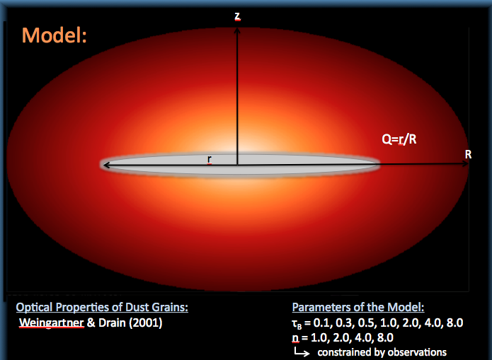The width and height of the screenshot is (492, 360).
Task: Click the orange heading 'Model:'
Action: (54, 35)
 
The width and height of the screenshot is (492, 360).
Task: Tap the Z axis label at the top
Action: (238, 16)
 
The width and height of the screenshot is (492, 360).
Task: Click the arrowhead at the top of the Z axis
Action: (237, 30)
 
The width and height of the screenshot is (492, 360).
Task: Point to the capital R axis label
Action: (468, 154)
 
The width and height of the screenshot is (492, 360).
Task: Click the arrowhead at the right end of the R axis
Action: (466, 163)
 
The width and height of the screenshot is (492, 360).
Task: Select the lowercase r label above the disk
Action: (210, 159)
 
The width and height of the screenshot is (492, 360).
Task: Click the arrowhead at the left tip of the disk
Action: (105, 165)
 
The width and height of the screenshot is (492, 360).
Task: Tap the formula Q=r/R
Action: (399, 139)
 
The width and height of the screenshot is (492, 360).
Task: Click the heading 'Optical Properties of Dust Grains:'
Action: (102, 308)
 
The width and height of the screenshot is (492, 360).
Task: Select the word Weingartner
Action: (52, 323)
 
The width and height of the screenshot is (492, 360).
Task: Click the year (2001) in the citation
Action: (146, 323)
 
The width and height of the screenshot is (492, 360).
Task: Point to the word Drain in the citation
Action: (112, 323)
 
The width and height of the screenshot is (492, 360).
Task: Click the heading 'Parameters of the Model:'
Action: (358, 308)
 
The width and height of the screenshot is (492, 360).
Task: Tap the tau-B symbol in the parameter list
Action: (296, 324)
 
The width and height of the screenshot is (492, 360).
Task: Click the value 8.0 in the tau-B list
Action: (454, 323)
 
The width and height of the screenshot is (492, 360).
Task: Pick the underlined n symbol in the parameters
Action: (295, 338)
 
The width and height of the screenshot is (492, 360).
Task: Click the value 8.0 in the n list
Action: (384, 338)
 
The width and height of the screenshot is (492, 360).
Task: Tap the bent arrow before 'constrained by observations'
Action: (302, 352)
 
